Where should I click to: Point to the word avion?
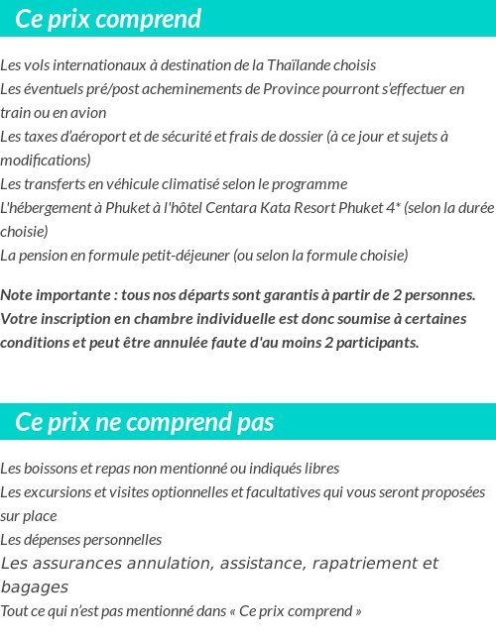[87, 113]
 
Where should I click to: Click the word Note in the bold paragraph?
[18, 295]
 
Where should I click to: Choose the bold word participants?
[380, 343]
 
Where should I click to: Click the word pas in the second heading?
[255, 423]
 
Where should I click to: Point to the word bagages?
[35, 587]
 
